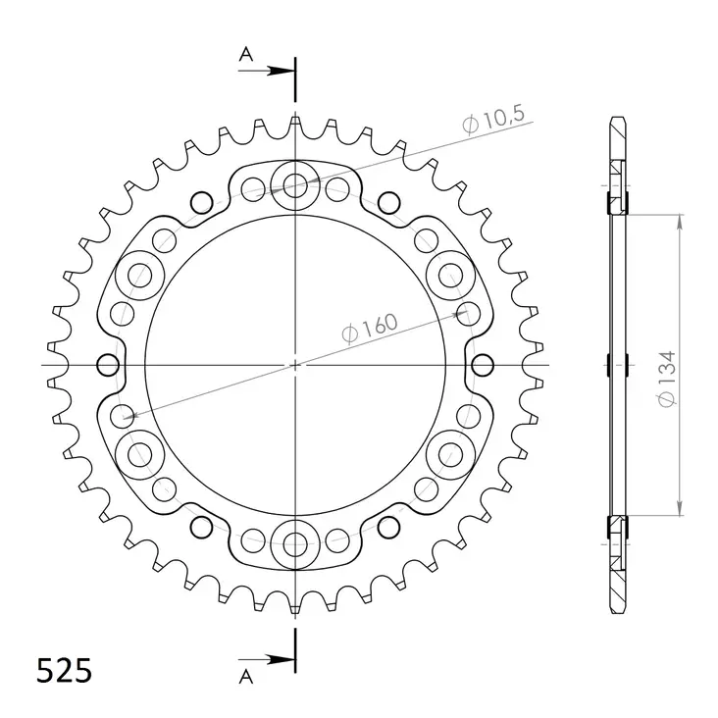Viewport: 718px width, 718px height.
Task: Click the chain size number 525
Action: pos(65,671)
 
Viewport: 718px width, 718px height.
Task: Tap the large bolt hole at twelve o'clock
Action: pos(294,181)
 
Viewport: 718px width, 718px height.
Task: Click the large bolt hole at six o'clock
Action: pos(294,547)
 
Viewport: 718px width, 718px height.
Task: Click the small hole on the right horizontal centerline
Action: pos(482,365)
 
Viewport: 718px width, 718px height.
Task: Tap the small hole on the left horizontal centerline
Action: pos(107,365)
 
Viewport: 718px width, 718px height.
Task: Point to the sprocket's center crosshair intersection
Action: pos(294,365)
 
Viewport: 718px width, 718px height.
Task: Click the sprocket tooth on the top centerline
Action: pos(294,123)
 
